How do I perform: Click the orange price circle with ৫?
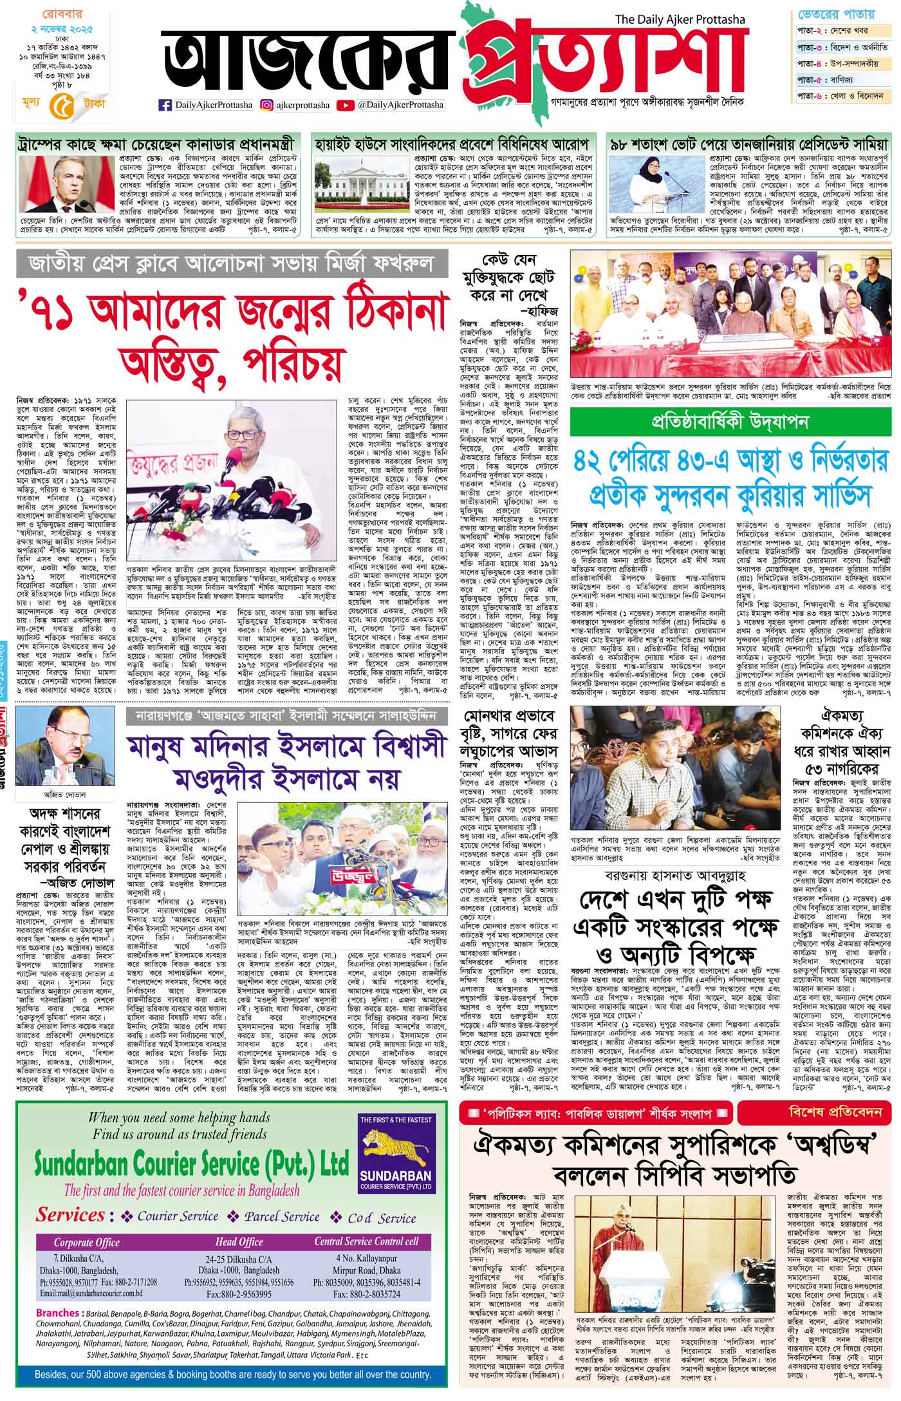coord(59,104)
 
